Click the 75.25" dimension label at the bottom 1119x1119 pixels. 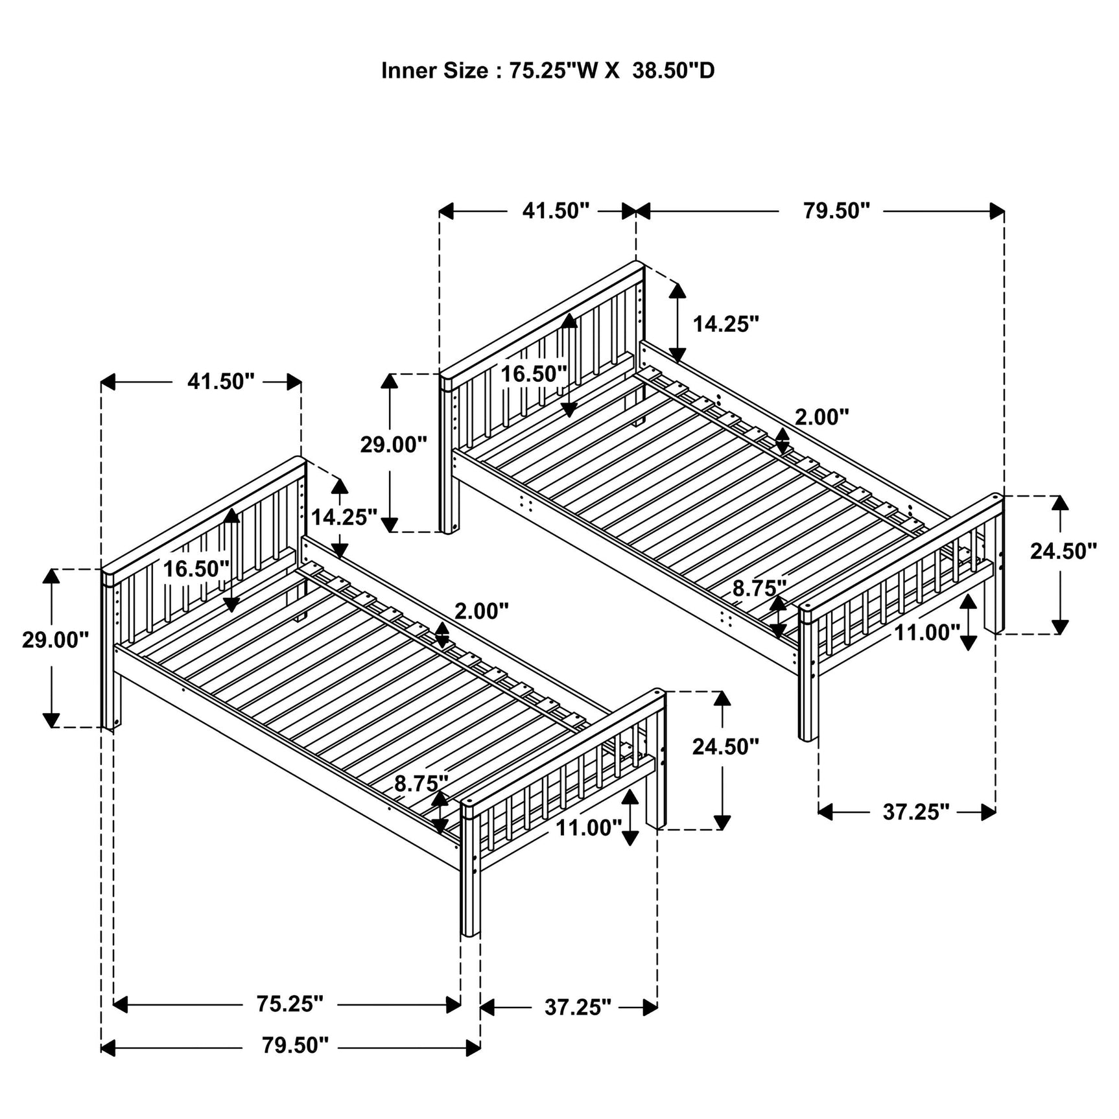pos(289,1004)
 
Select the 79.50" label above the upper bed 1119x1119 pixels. pos(836,211)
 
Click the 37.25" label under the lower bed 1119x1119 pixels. pos(577,1007)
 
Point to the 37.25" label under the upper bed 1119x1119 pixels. pos(915,812)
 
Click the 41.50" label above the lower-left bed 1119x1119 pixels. pos(220,382)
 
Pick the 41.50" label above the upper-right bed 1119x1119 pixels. pos(556,211)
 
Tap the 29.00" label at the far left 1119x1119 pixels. pos(55,640)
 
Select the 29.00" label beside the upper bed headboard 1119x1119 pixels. pos(394,445)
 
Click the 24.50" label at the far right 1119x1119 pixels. pos(1063,551)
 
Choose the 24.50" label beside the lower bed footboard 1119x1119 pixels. pos(725,747)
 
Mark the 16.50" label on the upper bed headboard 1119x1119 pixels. pos(533,374)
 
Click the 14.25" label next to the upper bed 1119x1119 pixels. pos(725,324)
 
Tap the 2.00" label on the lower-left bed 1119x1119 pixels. pos(481,611)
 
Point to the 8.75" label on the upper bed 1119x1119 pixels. pos(759,589)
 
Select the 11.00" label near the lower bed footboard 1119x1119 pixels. pos(588,828)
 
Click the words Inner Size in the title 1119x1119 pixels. pos(434,71)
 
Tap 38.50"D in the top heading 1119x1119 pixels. pos(673,71)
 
